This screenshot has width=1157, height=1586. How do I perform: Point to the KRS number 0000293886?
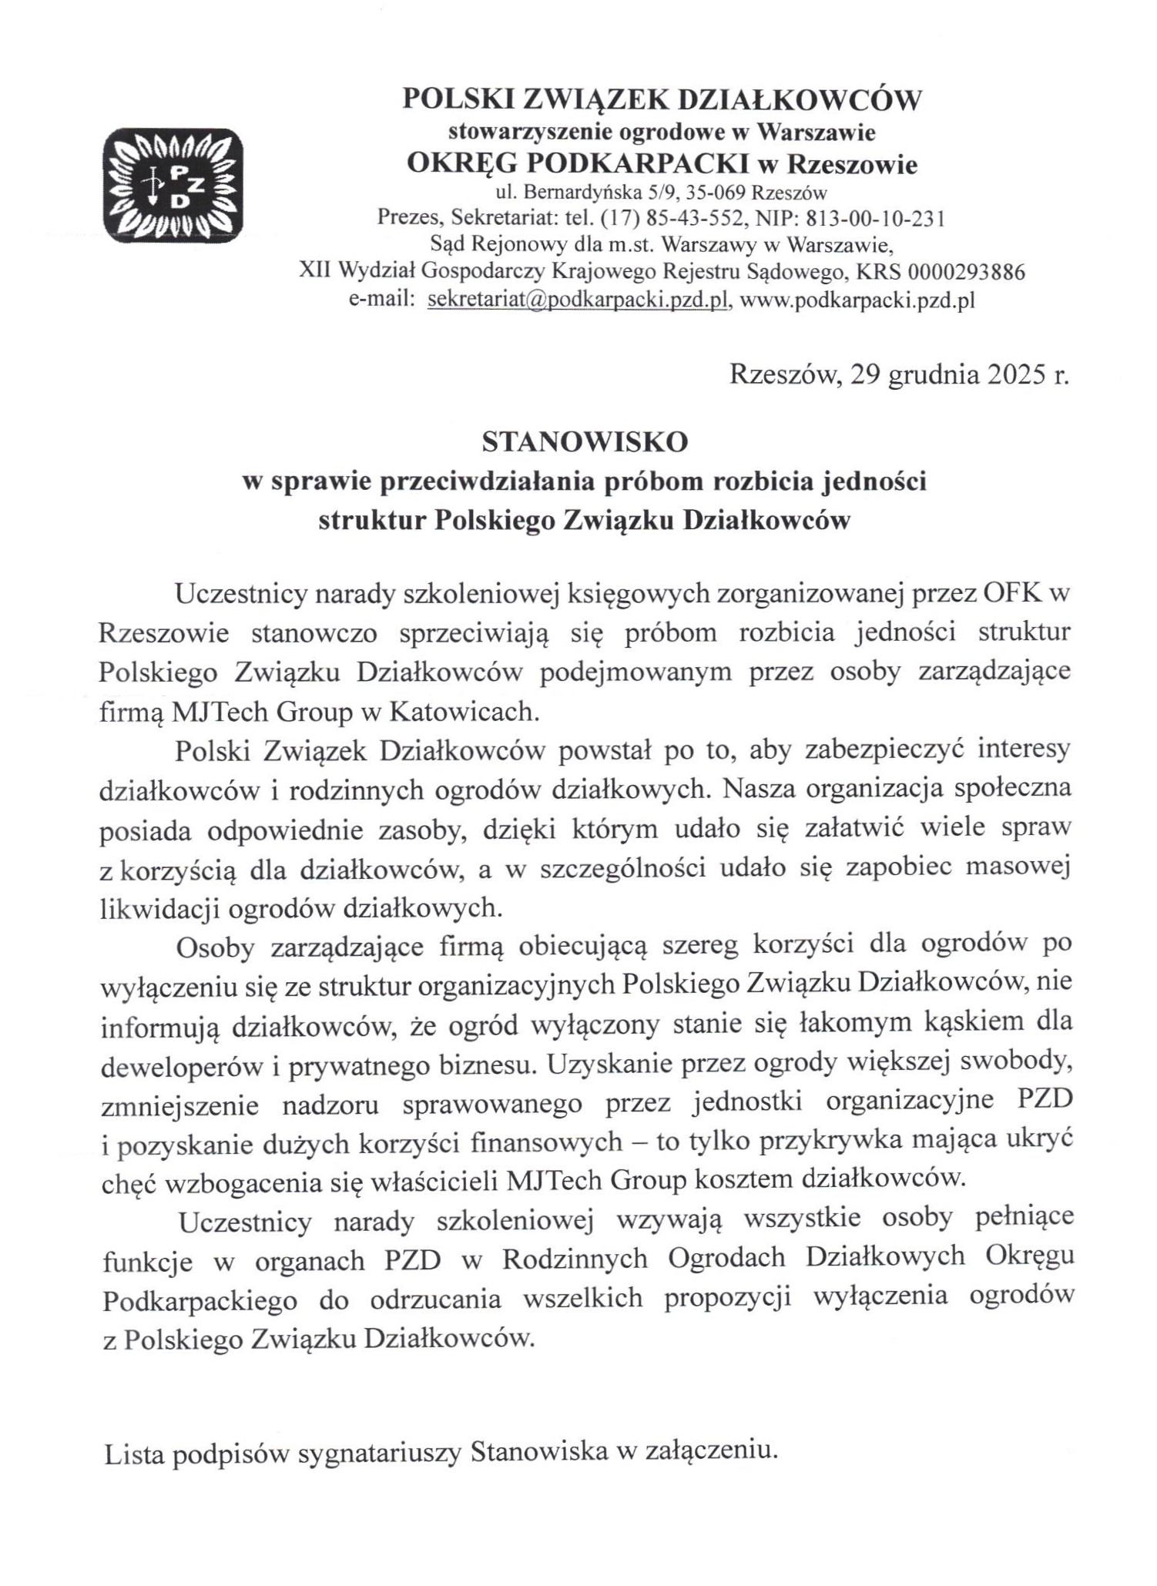pyautogui.click(x=967, y=272)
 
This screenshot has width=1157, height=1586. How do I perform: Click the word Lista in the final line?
pyautogui.click(x=132, y=1453)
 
